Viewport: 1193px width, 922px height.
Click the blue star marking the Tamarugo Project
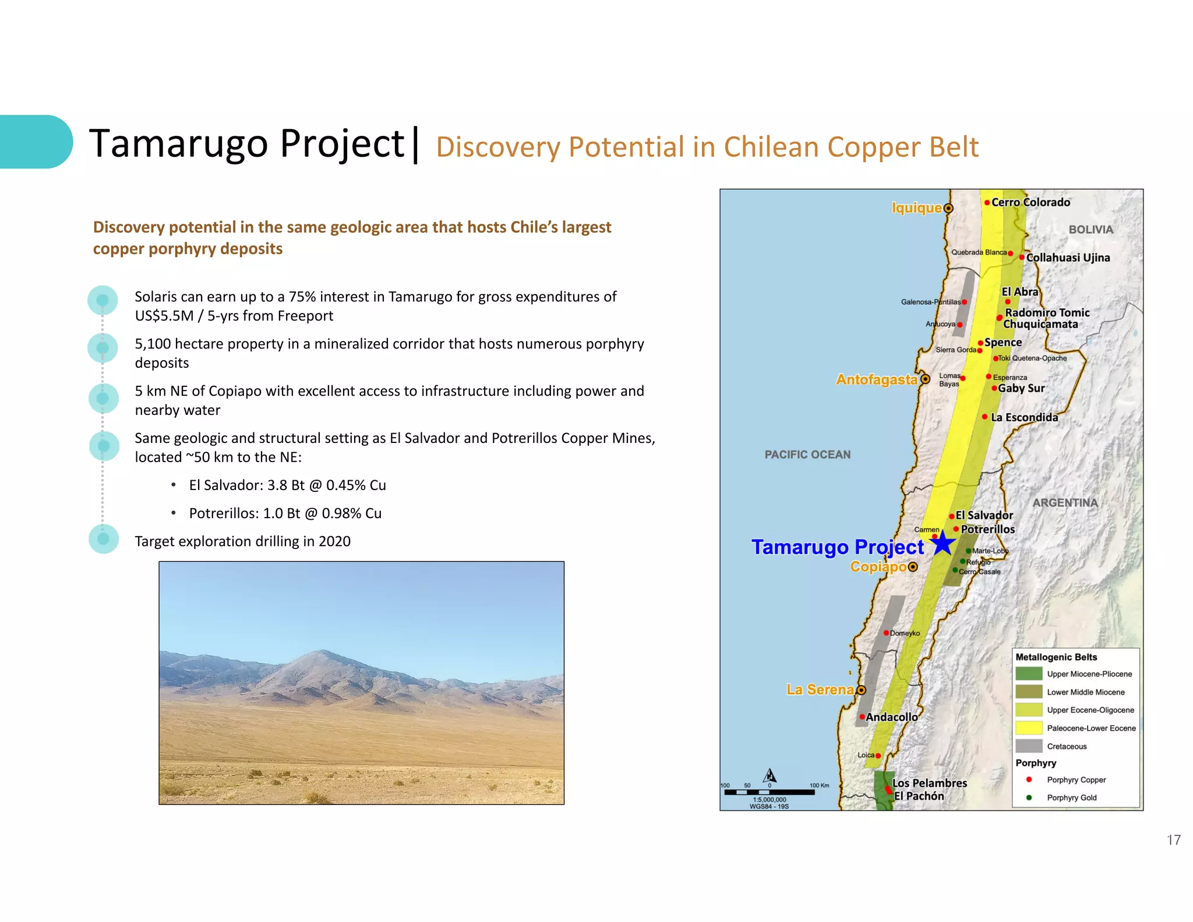(942, 544)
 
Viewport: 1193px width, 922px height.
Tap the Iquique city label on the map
(916, 208)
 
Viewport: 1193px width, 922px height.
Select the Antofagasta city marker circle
(925, 379)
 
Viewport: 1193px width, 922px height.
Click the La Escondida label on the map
(1024, 417)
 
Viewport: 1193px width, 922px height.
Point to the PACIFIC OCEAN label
(807, 455)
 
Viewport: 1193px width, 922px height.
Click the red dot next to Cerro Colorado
(987, 203)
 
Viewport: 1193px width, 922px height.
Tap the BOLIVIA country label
(1090, 230)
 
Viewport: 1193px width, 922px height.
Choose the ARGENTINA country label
(1065, 502)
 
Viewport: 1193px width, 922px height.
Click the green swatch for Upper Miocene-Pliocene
(1029, 674)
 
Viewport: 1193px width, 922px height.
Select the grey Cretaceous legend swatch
(1029, 746)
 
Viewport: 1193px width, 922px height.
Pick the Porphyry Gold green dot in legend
(1029, 797)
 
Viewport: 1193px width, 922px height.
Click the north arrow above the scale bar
(770, 776)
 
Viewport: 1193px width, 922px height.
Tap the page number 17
(1173, 840)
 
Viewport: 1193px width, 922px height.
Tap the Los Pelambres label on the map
(929, 783)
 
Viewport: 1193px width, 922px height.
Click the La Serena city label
(820, 690)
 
